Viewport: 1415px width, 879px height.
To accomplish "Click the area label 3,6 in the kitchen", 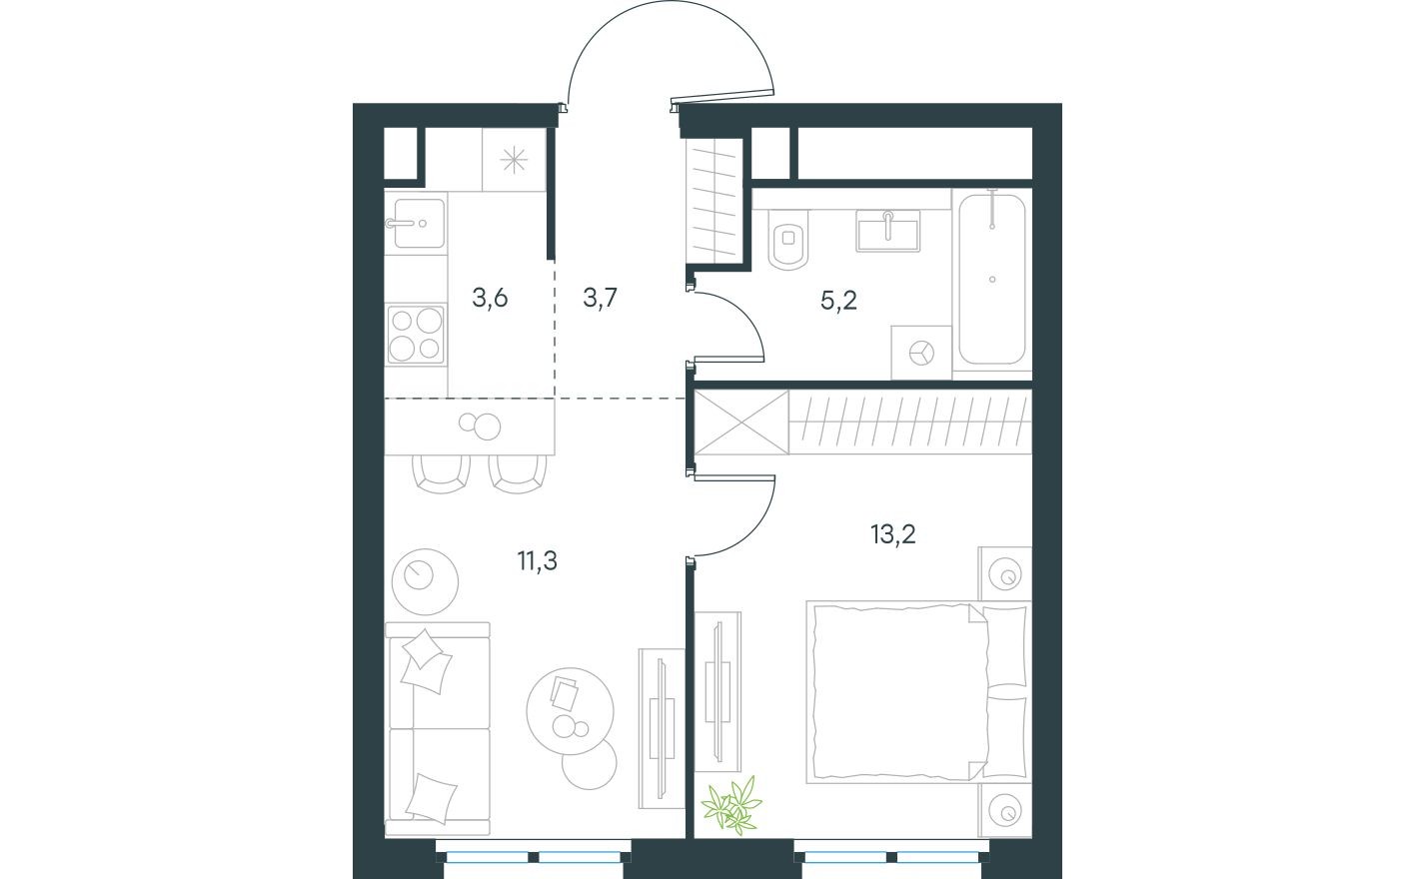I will (491, 299).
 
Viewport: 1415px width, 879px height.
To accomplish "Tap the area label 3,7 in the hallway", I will (602, 299).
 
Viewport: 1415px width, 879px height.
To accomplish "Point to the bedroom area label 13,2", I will (892, 534).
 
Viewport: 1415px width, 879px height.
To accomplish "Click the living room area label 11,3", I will (537, 561).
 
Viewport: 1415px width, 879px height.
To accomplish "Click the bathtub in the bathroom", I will (991, 279).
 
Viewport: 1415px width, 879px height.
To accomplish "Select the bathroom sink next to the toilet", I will (887, 232).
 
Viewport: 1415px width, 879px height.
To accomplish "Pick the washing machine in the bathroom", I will (921, 352).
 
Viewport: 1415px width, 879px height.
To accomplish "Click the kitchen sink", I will (415, 223).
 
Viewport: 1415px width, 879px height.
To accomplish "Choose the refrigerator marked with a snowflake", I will (514, 160).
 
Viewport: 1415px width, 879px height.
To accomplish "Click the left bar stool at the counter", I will (442, 470).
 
